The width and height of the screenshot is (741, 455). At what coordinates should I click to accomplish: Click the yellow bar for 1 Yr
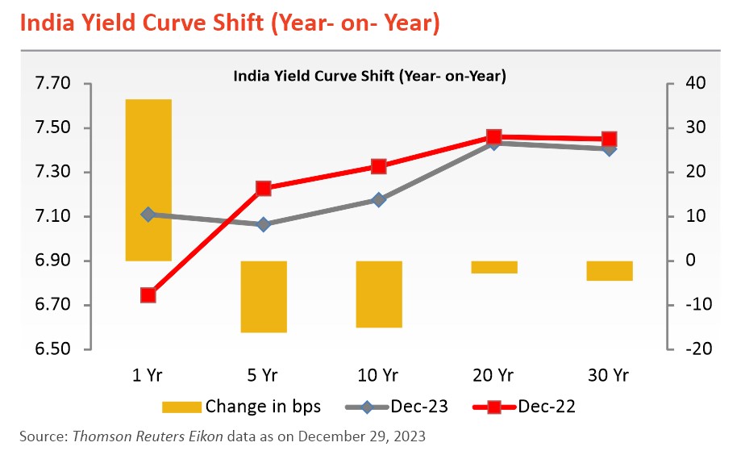(x=148, y=179)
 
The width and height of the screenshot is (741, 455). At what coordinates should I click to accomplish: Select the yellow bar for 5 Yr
(x=264, y=296)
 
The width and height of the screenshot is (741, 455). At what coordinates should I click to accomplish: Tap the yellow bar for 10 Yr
(x=379, y=294)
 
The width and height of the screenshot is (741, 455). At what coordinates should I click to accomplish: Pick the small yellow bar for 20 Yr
(x=494, y=267)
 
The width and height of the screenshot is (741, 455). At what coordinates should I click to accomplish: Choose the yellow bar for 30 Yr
(x=610, y=270)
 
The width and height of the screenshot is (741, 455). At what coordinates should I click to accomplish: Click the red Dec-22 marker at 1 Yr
(x=148, y=295)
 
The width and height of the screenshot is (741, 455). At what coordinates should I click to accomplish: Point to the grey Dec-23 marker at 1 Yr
(x=148, y=215)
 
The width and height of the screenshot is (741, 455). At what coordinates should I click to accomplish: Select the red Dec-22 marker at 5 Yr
(x=264, y=188)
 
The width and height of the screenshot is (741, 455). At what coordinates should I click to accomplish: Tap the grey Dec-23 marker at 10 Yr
(x=379, y=200)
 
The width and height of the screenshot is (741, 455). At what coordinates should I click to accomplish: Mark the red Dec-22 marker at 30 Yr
(x=610, y=139)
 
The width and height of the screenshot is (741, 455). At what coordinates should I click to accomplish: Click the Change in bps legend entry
(x=241, y=407)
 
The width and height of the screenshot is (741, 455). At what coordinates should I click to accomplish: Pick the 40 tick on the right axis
(x=695, y=84)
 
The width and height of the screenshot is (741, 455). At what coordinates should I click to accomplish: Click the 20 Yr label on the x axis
(x=494, y=375)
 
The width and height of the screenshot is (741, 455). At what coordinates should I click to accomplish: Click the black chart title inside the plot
(x=368, y=77)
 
